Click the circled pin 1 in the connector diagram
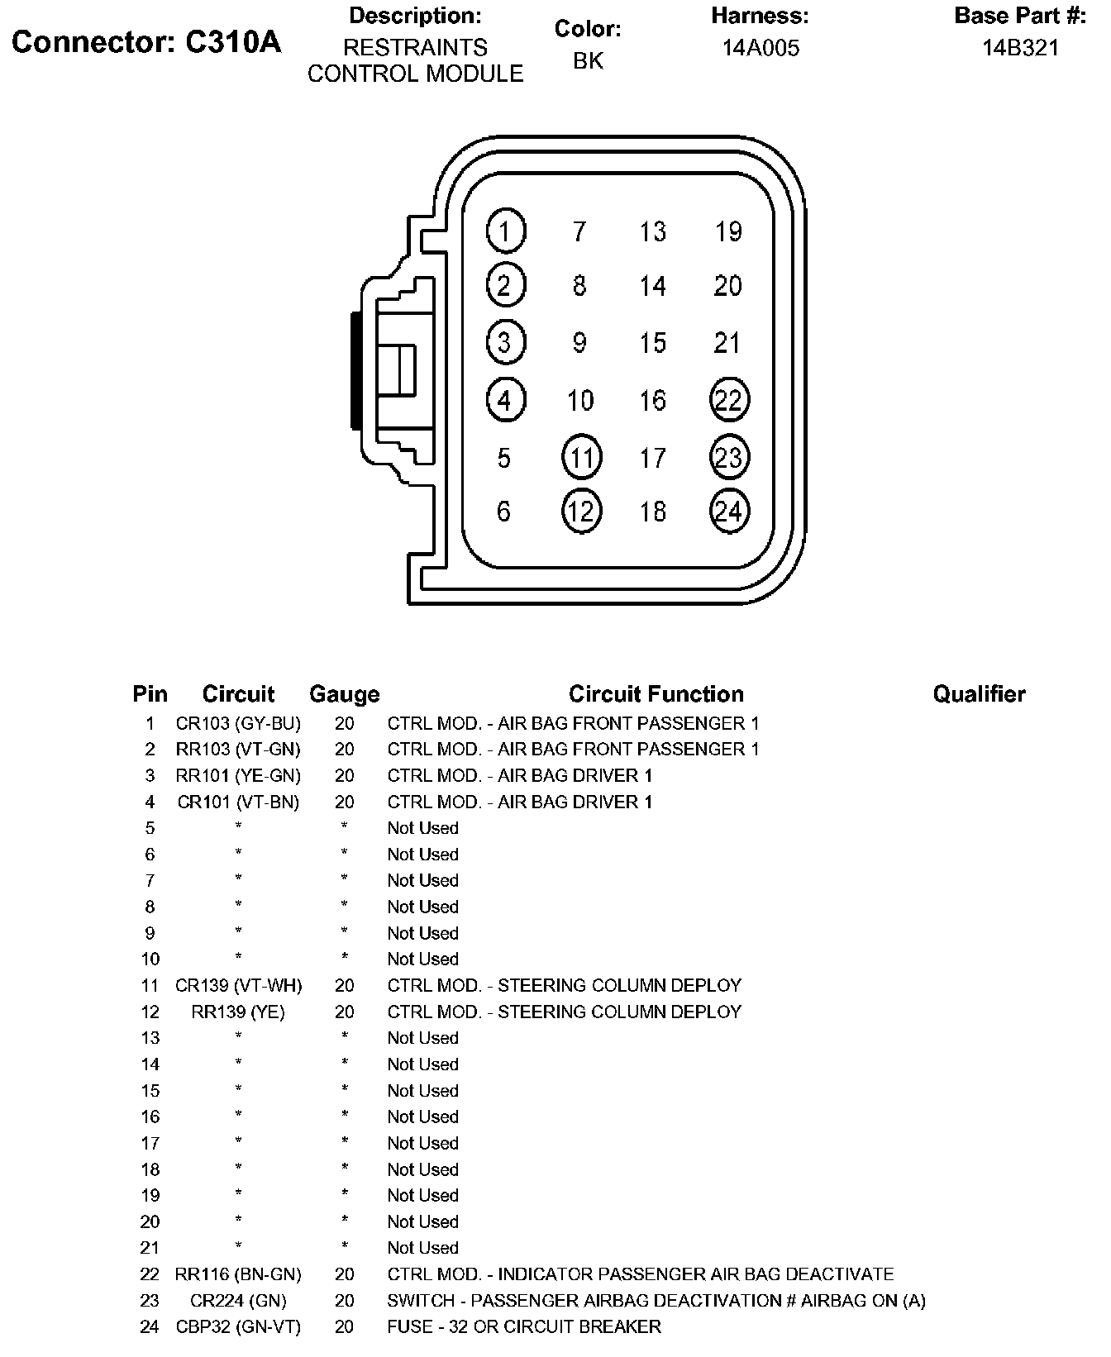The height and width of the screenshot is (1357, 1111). tap(506, 231)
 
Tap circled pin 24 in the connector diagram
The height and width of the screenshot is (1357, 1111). tap(729, 511)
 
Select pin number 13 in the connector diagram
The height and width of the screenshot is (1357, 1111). tap(652, 231)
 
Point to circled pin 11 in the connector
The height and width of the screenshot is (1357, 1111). tap(581, 457)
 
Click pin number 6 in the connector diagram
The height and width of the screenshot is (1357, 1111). tap(504, 512)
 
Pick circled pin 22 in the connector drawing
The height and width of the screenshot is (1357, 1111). tap(729, 400)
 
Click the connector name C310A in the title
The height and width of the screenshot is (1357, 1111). tap(232, 42)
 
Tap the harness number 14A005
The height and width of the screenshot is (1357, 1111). tap(761, 48)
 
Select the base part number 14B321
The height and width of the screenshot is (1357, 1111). tap(1020, 48)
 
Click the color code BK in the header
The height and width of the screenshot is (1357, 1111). tap(588, 60)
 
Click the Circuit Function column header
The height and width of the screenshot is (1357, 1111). tap(656, 694)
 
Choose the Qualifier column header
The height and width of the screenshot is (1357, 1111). tap(979, 694)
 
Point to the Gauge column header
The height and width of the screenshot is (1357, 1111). tap(344, 694)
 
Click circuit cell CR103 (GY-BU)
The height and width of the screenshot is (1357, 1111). tap(238, 724)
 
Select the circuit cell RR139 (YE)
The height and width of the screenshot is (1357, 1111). tap(238, 1012)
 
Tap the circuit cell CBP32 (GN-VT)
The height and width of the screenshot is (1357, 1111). tap(238, 1327)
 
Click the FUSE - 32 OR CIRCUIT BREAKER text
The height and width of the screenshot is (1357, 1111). tap(524, 1327)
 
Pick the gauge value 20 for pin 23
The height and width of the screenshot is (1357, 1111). tap(344, 1301)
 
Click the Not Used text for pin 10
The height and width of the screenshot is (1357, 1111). tap(422, 959)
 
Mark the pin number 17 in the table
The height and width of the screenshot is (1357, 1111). tap(150, 1144)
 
